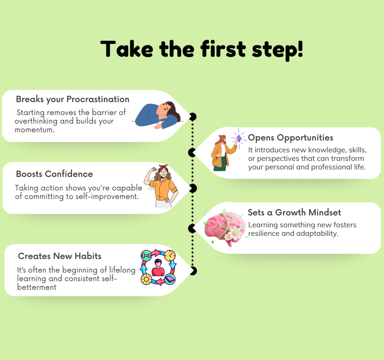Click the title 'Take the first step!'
201,49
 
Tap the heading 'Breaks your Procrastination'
72,99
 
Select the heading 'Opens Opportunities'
291,138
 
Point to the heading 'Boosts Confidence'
54,174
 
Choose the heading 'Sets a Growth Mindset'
294,213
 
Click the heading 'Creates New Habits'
60,256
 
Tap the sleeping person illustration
157,115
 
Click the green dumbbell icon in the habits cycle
146,256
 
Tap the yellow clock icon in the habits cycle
170,255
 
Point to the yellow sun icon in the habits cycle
146,279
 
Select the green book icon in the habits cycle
170,279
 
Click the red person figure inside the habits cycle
158,268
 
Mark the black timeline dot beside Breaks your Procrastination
193,117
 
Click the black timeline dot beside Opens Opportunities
192,152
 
